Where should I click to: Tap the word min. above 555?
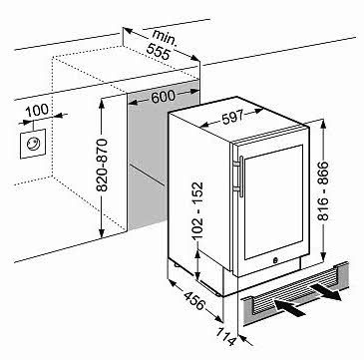(165, 37)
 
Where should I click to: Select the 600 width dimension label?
(163, 97)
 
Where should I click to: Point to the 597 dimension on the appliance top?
(232, 117)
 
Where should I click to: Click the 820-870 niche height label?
(102, 166)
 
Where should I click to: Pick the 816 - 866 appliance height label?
(322, 190)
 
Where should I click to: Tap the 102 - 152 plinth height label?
(197, 210)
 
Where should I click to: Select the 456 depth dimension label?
(193, 301)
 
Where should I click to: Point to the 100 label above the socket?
(37, 110)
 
